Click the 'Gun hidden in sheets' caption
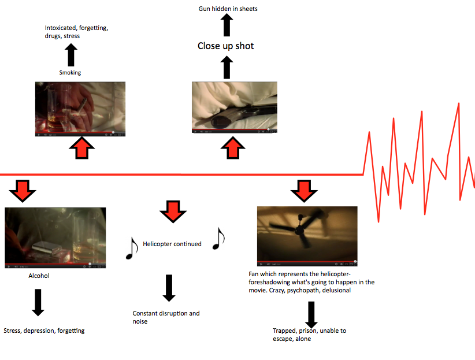click(228, 9)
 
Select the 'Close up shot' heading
click(225, 46)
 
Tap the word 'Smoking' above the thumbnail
click(70, 73)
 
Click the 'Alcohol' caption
click(39, 276)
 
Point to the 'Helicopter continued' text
click(172, 244)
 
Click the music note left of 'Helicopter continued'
click(132, 248)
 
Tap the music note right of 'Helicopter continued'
click(218, 238)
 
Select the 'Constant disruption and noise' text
click(166, 317)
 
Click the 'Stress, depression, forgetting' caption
click(44, 331)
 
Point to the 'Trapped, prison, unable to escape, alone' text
click(309, 335)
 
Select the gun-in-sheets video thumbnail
click(234, 108)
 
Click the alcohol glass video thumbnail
click(55, 238)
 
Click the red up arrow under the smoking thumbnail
click(81, 148)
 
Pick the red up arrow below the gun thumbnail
click(233, 148)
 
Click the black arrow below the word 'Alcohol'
click(38, 302)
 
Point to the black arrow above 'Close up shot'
click(227, 25)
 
